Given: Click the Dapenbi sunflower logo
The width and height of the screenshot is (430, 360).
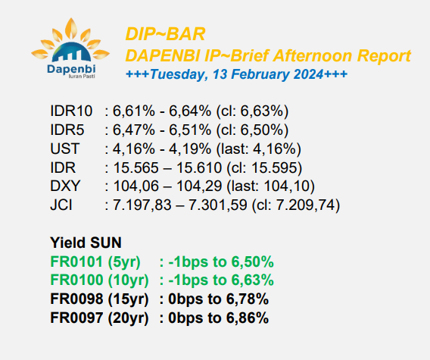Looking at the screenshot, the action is pos(70,49).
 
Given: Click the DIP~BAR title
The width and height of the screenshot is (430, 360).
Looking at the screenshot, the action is pos(165,34).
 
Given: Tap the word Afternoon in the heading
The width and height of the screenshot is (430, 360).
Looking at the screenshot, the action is pos(313,56).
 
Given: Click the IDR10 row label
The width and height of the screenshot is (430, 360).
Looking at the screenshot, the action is pos(71,111).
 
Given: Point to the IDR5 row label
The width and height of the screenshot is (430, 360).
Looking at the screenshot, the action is pos(67,130).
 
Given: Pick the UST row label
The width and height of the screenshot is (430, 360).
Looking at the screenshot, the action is pos(65,149).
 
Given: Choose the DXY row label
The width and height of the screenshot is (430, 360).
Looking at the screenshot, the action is pos(65,186).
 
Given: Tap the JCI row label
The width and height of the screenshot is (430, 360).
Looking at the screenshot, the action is pos(61,205).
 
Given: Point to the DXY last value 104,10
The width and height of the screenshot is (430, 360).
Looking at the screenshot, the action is pos(287,186).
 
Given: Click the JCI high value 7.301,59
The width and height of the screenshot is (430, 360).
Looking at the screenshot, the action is pos(218,205).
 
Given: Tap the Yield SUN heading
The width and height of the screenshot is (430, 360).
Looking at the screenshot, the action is pos(86,243).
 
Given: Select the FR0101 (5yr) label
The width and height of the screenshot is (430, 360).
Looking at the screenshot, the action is pos(95,261).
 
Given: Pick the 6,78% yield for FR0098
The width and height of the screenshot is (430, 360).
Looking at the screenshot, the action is pos(248,299).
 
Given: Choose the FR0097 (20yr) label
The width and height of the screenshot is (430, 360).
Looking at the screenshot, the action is pos(99,318).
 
